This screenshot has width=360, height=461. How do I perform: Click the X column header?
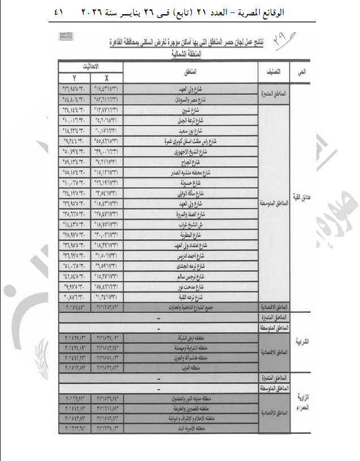click(106, 78)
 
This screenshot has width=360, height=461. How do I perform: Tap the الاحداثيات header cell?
click(91, 66)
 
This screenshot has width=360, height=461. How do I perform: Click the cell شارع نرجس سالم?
click(190, 275)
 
